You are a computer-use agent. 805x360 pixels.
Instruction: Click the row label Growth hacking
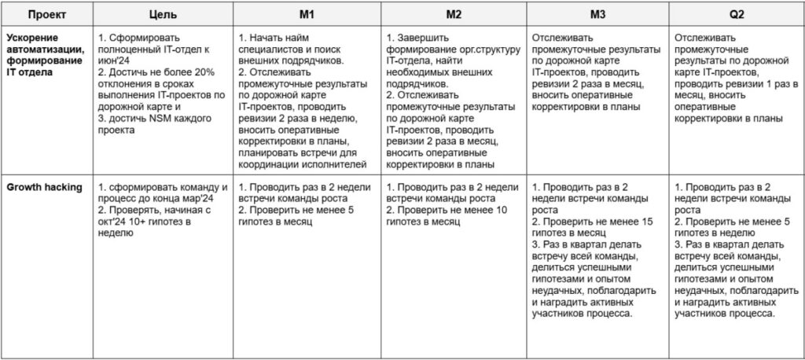click(x=44, y=187)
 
